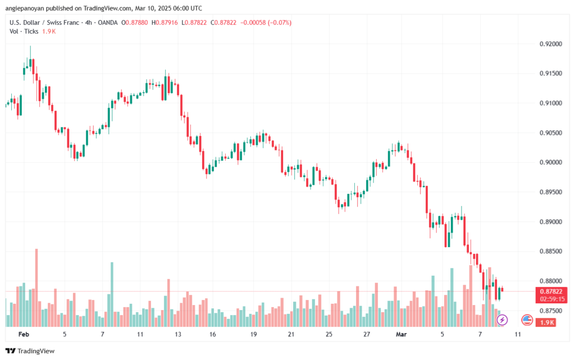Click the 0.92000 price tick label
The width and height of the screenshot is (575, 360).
[x=550, y=44]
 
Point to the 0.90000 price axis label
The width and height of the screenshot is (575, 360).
[x=550, y=162]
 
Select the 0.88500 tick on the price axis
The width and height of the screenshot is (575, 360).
[x=550, y=252]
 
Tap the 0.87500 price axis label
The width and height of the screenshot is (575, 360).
[x=550, y=311]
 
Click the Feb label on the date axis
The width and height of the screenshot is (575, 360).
[x=24, y=334]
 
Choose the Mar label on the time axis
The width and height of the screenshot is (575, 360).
[x=401, y=334]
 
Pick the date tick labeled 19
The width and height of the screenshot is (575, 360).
[x=253, y=334]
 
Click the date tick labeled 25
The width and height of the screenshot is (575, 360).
[x=329, y=334]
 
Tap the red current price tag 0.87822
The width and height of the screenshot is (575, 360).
[x=551, y=291]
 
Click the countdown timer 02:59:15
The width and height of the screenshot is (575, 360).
[x=552, y=299]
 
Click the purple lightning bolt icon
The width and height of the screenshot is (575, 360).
[x=502, y=320]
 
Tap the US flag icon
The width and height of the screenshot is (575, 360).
[x=527, y=320]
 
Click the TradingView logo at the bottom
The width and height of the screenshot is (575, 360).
[x=30, y=351]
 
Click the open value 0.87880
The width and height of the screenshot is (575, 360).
[x=136, y=22]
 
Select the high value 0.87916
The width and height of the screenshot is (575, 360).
[x=166, y=22]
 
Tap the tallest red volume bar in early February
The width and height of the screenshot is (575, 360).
[x=36, y=288]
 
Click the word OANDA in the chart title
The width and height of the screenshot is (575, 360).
[x=107, y=22]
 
